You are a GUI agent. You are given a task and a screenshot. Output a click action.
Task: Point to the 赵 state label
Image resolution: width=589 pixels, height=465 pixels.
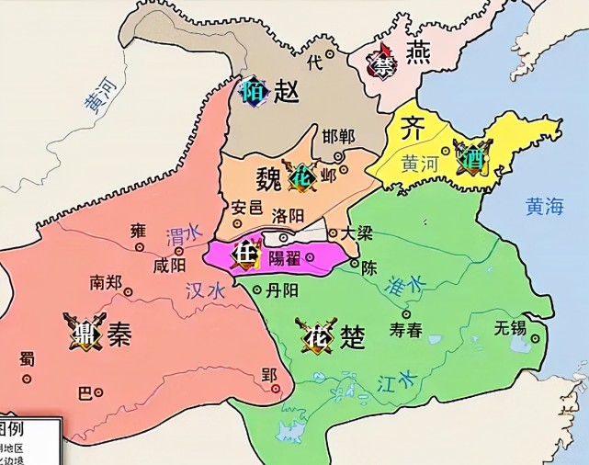[x=287, y=90]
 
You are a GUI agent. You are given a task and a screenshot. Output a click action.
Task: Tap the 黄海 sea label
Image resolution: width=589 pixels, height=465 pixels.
[x=544, y=206]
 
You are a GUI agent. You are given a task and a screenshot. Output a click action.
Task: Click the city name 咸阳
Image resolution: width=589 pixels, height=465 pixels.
[x=171, y=266]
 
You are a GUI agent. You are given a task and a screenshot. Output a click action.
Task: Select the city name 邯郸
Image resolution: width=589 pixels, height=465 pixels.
[x=339, y=136]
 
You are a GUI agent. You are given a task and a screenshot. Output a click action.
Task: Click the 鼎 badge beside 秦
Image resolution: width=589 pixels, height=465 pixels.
[x=74, y=327]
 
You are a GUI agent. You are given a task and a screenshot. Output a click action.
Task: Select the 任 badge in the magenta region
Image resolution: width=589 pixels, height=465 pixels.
[x=244, y=252]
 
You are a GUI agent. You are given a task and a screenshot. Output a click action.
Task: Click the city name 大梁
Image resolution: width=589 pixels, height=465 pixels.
[x=357, y=233]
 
